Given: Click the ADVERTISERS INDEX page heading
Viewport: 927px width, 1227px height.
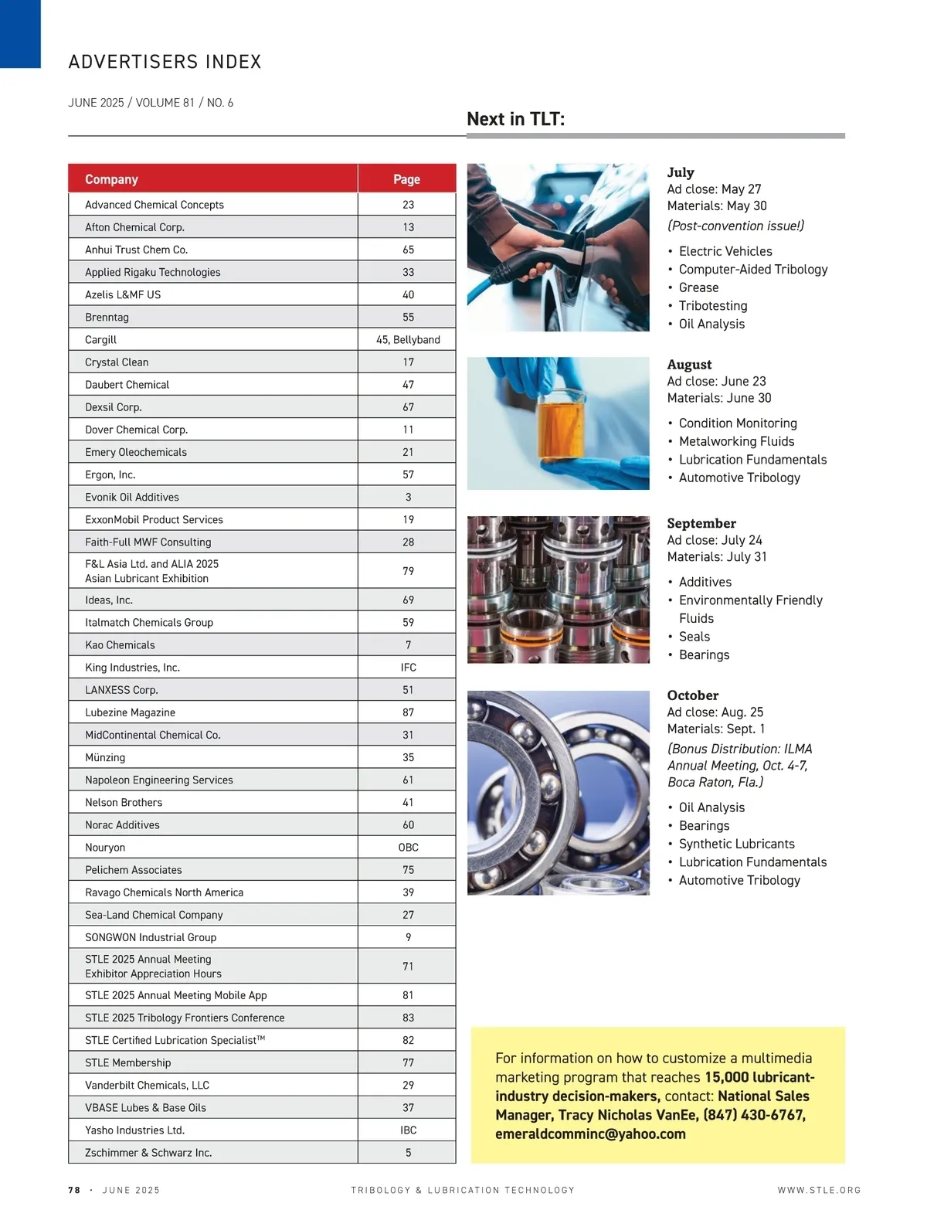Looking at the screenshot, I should (x=165, y=62).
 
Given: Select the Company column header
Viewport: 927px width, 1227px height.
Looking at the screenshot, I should (x=111, y=179).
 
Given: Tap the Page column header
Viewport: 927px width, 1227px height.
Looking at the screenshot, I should (x=406, y=179).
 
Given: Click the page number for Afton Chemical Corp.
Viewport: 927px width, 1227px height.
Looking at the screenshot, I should (x=408, y=227).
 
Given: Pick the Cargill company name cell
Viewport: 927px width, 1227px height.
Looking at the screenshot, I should (x=101, y=340).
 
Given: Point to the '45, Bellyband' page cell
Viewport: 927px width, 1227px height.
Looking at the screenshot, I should (x=408, y=340).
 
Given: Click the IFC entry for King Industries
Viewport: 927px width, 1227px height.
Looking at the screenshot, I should (x=408, y=668).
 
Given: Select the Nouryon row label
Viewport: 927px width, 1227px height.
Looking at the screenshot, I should (x=105, y=848).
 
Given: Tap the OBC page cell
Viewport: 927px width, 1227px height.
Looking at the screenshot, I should (x=408, y=848).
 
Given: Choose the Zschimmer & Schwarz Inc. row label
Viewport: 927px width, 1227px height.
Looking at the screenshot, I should (x=148, y=1153).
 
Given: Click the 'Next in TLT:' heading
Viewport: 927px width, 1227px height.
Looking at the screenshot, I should (x=515, y=119).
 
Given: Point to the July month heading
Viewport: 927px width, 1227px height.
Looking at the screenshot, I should (x=681, y=172).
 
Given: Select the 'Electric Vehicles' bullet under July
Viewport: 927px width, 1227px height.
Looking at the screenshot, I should (x=725, y=251).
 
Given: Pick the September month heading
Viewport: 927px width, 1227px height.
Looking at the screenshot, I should (x=701, y=523).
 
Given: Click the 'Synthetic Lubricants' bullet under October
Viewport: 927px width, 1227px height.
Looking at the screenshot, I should (x=736, y=844).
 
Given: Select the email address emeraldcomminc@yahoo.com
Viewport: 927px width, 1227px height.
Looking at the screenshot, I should (x=590, y=1134).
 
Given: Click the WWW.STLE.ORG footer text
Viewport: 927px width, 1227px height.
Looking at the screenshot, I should (x=819, y=1191).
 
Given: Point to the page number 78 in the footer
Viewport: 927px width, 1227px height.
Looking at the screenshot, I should (x=74, y=1191).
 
